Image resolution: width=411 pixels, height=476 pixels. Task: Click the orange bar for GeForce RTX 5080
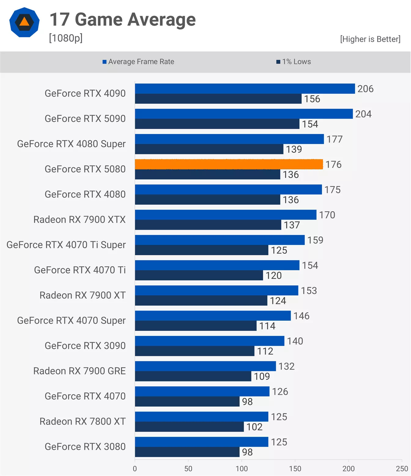229,164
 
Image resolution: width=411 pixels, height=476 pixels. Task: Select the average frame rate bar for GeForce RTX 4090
245,89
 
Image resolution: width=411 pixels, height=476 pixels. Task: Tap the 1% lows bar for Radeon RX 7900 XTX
208,225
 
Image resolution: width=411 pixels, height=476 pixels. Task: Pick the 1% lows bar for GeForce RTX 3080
187,452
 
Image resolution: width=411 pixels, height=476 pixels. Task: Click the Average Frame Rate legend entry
138,62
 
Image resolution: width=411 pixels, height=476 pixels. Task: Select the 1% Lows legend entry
294,62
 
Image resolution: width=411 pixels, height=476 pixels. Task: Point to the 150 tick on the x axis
295,469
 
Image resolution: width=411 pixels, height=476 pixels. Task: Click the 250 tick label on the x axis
402,469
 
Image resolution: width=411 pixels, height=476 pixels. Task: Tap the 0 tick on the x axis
135,469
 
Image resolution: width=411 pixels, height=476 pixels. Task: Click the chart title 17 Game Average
122,20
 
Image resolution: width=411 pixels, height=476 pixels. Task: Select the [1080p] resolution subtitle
66,38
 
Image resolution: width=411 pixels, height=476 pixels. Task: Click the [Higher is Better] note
370,39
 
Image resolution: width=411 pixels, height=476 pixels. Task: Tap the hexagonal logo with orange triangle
24,22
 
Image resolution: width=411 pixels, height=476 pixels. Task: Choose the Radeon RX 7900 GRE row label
80,371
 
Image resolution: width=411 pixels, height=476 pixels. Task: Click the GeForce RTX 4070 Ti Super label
66,245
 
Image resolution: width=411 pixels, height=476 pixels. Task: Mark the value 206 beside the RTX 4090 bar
365,89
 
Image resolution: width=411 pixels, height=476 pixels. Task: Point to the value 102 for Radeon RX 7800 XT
254,427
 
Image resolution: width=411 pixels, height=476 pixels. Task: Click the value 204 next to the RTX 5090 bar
363,114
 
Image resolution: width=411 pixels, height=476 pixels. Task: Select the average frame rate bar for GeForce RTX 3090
209,341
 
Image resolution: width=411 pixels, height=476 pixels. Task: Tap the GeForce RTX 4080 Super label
71,144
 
